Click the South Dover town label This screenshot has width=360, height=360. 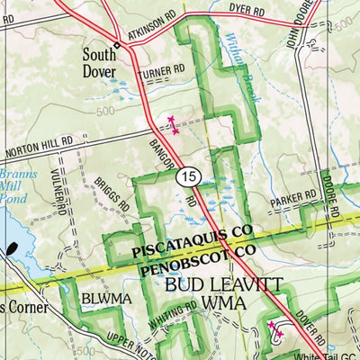pos(100,61)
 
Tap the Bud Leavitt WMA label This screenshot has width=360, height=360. pos(223,293)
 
